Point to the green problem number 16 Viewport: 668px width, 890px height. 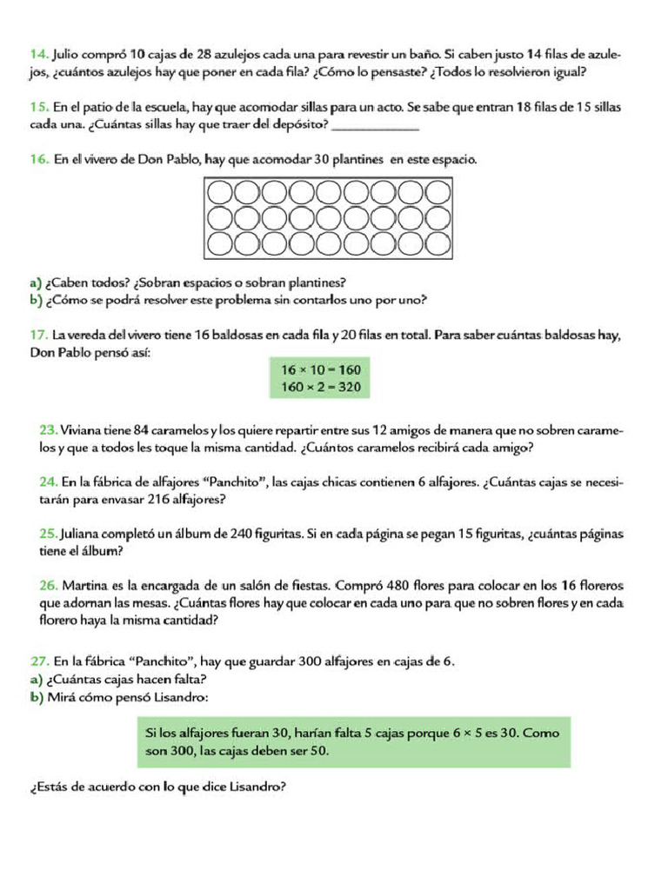(x=38, y=160)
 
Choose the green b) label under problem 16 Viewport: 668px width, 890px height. (x=36, y=301)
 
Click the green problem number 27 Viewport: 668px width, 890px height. (x=38, y=661)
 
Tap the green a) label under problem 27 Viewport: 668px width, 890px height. (x=36, y=679)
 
